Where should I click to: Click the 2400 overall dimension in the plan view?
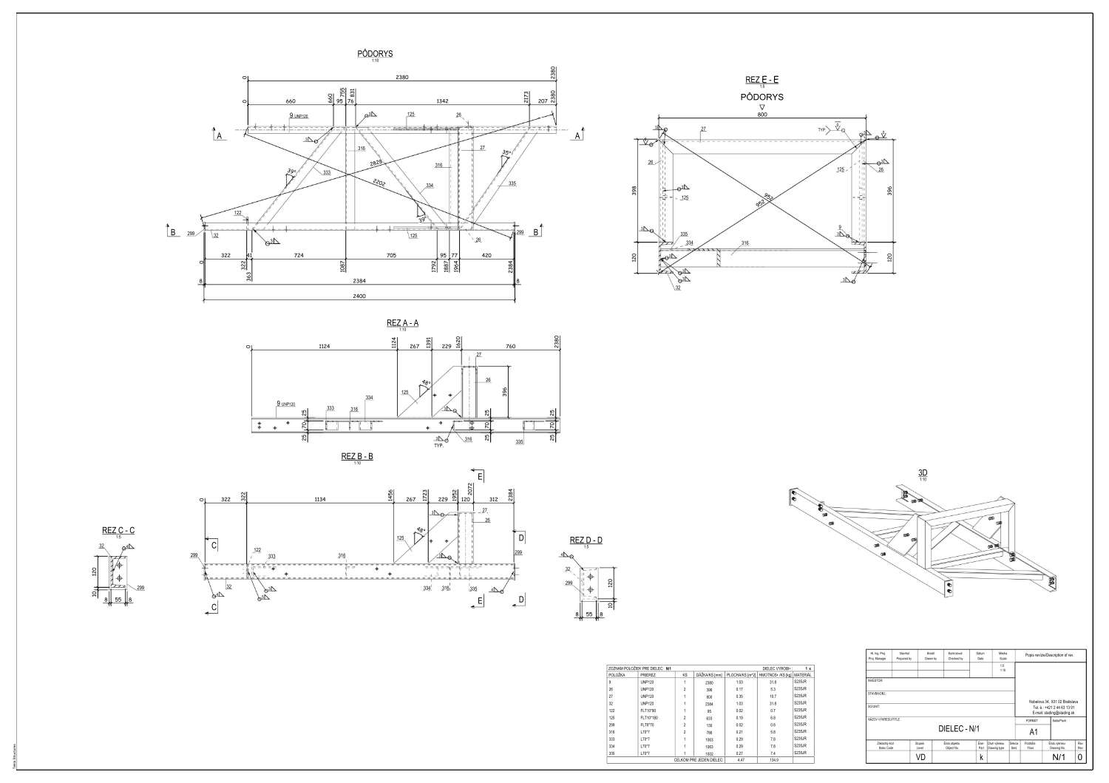click(x=359, y=296)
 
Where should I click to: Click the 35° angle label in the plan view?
click(x=506, y=153)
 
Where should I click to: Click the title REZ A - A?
click(x=403, y=322)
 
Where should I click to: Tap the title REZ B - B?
click(x=357, y=456)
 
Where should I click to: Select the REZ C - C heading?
click(x=118, y=530)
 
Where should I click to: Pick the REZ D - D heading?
click(x=586, y=540)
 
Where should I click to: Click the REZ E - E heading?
click(x=762, y=80)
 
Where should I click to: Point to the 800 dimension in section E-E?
click(x=762, y=115)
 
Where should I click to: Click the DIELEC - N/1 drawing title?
click(x=958, y=729)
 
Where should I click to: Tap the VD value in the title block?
click(x=920, y=757)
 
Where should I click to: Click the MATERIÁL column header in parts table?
click(x=802, y=675)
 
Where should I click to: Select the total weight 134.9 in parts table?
click(x=773, y=759)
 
